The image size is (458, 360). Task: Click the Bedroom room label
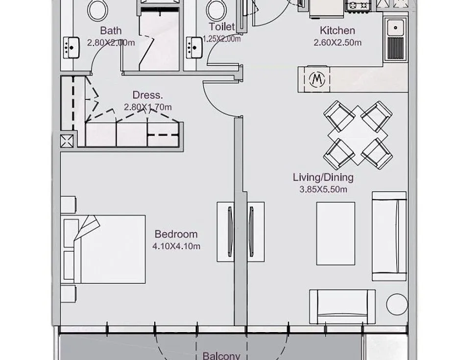pyautogui.click(x=176, y=234)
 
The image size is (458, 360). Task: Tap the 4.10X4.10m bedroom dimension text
pyautogui.click(x=176, y=246)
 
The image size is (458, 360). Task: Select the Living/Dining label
pyautogui.click(x=323, y=177)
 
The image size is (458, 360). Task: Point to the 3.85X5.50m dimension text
pyautogui.click(x=323, y=190)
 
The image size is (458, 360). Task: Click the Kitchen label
pyautogui.click(x=337, y=30)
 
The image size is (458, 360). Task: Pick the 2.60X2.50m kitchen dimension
pyautogui.click(x=337, y=43)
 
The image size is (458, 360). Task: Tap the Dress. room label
pyautogui.click(x=147, y=95)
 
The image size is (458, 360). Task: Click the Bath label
pyautogui.click(x=111, y=30)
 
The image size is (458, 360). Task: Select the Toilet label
pyautogui.click(x=222, y=26)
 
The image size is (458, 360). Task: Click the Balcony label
pyautogui.click(x=221, y=356)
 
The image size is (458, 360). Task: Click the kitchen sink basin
pyautogui.click(x=395, y=27)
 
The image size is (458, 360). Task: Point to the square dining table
pyautogui.click(x=358, y=135)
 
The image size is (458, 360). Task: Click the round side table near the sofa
pyautogui.click(x=397, y=304)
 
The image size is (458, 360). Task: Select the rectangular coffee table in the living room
pyautogui.click(x=336, y=234)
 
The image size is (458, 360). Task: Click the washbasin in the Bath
pyautogui.click(x=71, y=48)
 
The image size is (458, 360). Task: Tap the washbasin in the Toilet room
pyautogui.click(x=194, y=48)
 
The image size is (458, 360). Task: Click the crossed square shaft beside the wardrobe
pyautogui.click(x=67, y=141)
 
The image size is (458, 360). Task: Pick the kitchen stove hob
pyautogui.click(x=359, y=5)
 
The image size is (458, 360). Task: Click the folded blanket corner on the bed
pyautogui.click(x=87, y=228)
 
